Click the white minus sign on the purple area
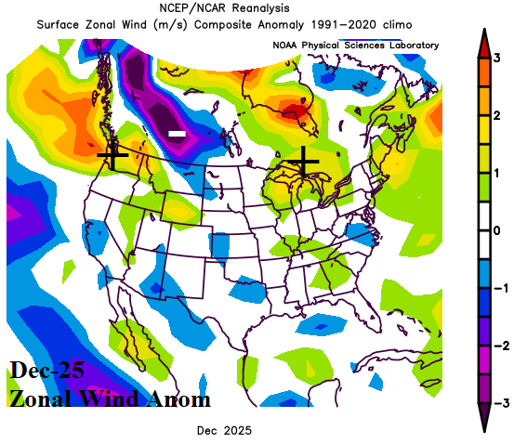tap(177, 136)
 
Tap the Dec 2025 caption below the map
tap(224, 431)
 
